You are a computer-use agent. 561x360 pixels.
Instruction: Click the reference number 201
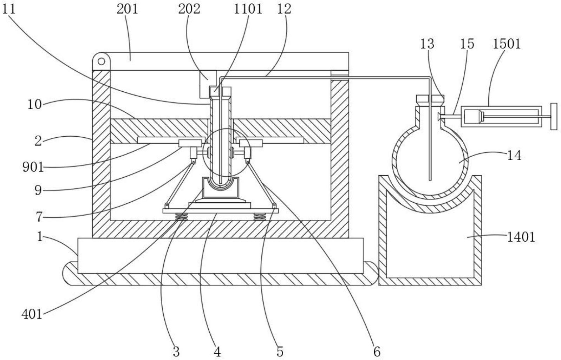click(127, 9)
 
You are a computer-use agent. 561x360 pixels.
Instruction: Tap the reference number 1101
click(248, 9)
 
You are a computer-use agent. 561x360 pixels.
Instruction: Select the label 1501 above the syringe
click(507, 44)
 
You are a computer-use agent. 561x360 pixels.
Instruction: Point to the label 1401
click(521, 237)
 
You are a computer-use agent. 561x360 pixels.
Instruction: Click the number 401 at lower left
click(32, 314)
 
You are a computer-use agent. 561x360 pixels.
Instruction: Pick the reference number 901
click(33, 167)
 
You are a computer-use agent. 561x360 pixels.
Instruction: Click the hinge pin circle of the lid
click(101, 61)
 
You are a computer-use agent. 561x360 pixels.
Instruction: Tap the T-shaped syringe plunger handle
click(554, 116)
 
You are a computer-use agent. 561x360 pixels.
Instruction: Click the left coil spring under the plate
click(182, 217)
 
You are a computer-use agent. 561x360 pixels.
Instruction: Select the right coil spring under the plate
click(260, 217)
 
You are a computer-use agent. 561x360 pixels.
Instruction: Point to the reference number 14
click(514, 156)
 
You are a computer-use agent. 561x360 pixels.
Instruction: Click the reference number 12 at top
click(284, 9)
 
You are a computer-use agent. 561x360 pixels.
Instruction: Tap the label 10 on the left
click(34, 104)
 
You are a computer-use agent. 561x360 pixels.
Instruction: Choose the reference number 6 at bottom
click(377, 352)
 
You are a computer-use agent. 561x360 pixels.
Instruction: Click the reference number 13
click(427, 44)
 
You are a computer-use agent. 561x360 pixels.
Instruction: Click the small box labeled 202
click(208, 84)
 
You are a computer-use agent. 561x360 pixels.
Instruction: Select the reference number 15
click(467, 44)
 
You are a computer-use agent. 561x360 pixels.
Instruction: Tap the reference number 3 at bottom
click(176, 352)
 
